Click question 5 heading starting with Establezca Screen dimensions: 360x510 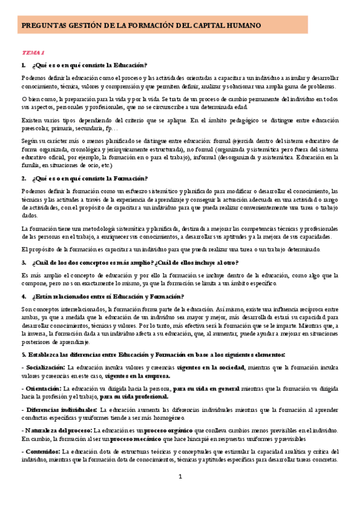153,354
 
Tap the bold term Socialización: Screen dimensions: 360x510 43,367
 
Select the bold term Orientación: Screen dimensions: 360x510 41,389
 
